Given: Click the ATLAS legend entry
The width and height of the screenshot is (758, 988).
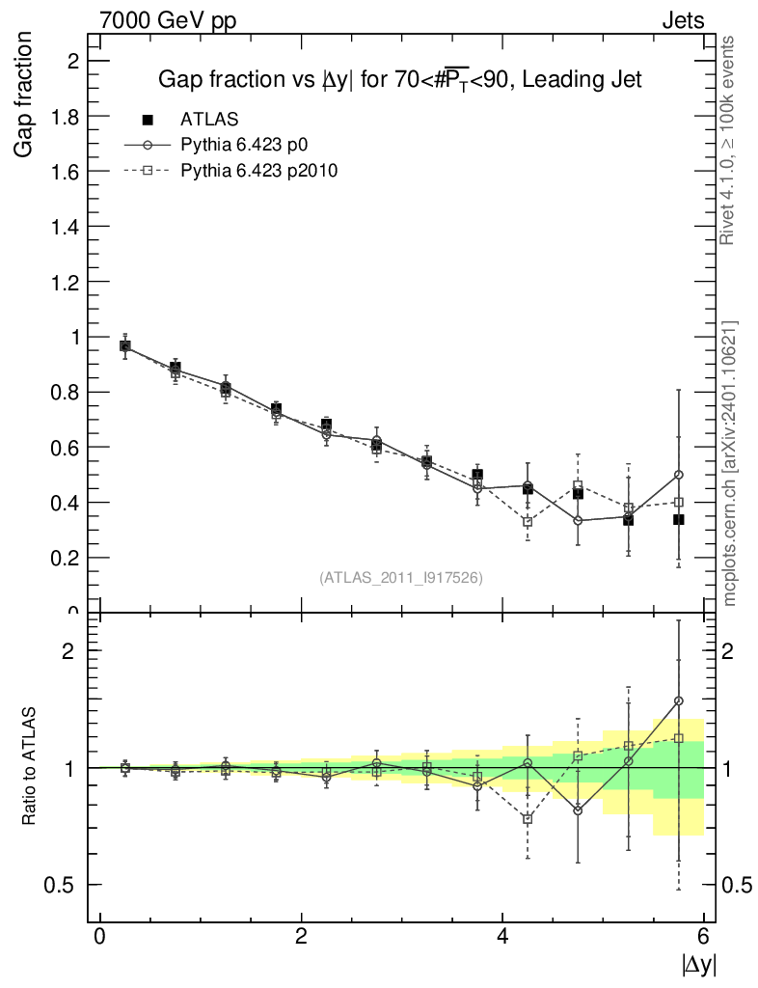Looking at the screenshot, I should pos(209,119).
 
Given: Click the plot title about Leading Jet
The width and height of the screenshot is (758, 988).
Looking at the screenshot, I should pos(399,80).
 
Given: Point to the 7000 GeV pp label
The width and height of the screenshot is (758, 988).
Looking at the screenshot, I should pos(168,20).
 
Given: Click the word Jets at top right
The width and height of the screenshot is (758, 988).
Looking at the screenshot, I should pos(682,20).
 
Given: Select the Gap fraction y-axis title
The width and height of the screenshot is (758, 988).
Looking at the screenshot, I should pos(25,94).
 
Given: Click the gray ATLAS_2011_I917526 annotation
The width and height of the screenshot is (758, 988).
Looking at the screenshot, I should pos(400,577).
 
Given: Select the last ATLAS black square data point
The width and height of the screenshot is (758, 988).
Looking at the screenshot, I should pos(679,519).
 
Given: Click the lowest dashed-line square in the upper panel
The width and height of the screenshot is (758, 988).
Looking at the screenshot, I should pos(528,522).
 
